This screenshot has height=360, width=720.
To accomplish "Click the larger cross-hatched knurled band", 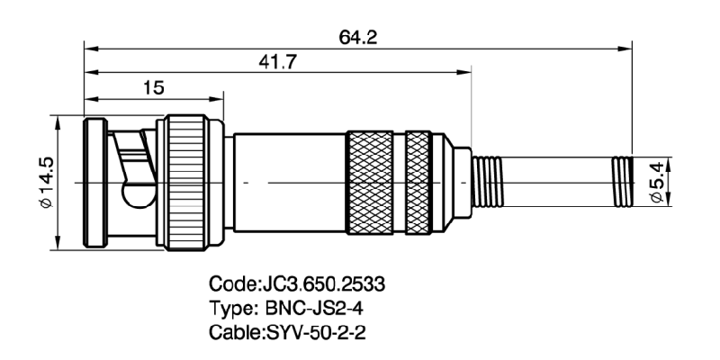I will click(x=372, y=182).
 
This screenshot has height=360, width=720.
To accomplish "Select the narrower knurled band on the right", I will click(x=418, y=182).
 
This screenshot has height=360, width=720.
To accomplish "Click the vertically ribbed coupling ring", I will click(x=190, y=182).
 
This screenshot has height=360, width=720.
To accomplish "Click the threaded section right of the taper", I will click(x=490, y=182).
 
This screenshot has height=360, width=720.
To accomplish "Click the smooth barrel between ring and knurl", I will click(x=288, y=182).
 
